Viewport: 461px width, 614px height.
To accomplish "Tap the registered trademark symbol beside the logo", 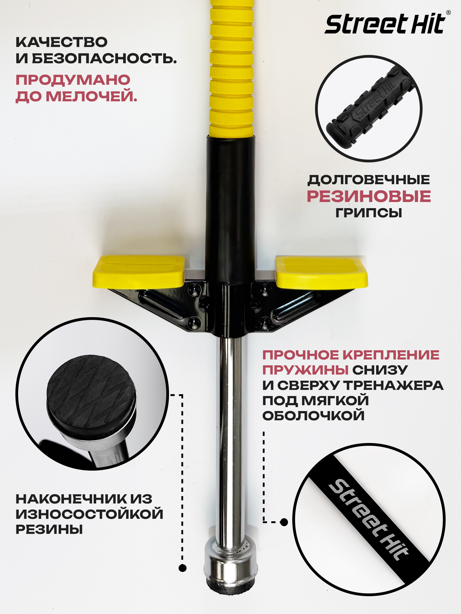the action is click(x=448, y=13).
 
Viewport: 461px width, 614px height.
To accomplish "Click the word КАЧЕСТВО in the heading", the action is click(x=61, y=42).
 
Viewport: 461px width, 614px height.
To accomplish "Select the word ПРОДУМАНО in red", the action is click(x=73, y=80).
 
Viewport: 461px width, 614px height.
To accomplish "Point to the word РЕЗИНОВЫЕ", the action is click(x=369, y=196).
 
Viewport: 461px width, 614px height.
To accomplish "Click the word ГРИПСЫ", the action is click(x=369, y=213).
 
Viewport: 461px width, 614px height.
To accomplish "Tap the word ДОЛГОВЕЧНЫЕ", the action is click(x=369, y=180).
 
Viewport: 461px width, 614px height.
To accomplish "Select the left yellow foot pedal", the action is click(x=139, y=271).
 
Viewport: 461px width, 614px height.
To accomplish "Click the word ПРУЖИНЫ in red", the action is click(x=305, y=370).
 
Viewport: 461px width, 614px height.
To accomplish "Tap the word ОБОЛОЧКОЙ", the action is click(x=313, y=416).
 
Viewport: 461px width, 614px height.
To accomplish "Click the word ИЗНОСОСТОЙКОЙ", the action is click(x=89, y=514).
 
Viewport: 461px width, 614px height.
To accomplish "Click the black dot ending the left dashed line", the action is click(x=183, y=568).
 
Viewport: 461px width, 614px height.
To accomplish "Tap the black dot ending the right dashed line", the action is click(x=284, y=522).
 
